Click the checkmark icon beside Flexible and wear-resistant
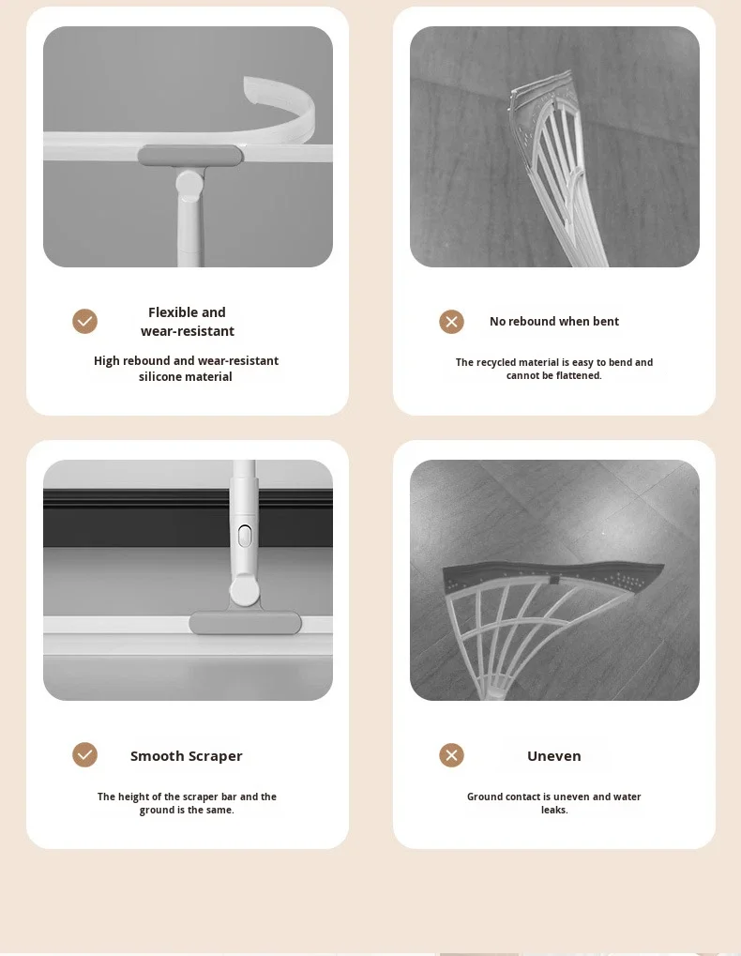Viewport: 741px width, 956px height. click(x=84, y=321)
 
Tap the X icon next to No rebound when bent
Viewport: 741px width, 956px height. click(x=451, y=322)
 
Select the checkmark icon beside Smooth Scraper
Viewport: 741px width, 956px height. click(x=84, y=755)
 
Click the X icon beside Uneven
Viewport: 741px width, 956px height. click(x=451, y=755)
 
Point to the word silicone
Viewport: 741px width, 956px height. click(x=161, y=377)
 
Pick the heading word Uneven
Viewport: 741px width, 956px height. click(x=554, y=756)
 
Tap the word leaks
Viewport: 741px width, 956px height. click(x=554, y=810)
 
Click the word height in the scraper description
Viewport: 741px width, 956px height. click(x=134, y=797)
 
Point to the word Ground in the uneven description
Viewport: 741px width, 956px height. click(x=486, y=797)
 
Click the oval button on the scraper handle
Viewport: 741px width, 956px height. click(x=245, y=536)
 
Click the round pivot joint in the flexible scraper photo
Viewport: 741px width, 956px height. click(x=189, y=185)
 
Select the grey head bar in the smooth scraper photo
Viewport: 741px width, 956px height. click(x=245, y=623)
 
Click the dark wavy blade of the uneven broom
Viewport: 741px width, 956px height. click(x=552, y=575)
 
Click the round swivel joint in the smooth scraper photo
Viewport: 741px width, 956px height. click(x=245, y=591)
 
